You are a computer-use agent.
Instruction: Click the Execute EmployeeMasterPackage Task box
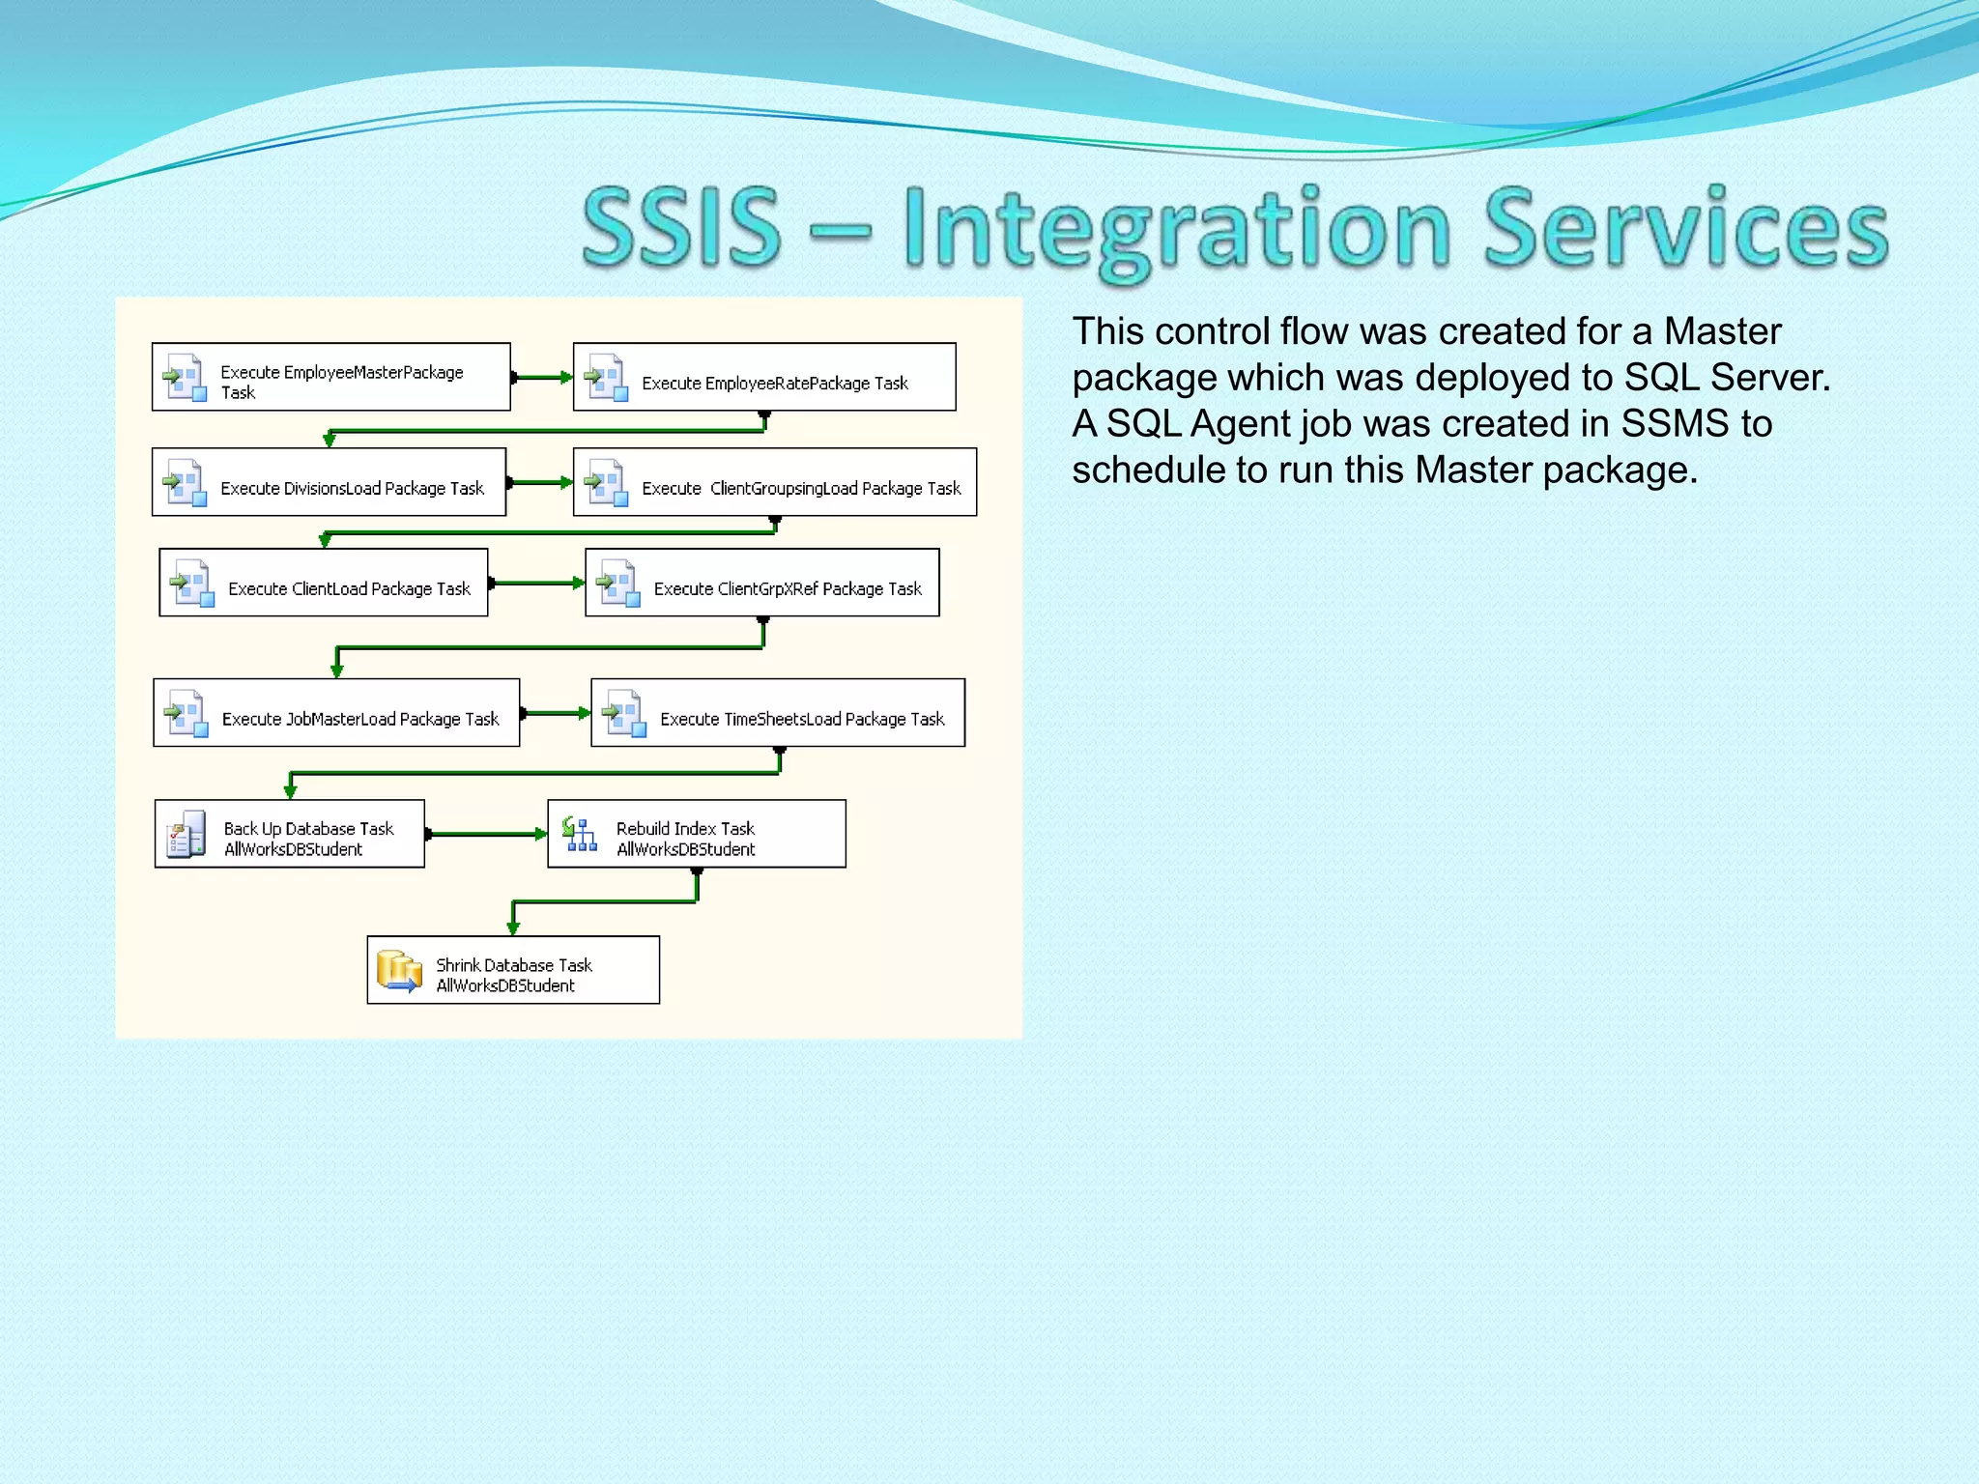point(330,377)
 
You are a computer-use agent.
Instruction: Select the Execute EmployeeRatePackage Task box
point(764,377)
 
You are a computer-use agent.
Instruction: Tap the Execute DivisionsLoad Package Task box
point(329,482)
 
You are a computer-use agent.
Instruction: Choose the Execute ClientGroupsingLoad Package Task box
point(774,482)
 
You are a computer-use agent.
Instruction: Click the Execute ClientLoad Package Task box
point(324,583)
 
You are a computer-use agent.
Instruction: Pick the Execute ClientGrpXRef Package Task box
point(761,583)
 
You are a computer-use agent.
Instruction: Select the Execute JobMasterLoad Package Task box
point(336,713)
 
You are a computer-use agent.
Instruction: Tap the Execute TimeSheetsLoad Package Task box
point(778,713)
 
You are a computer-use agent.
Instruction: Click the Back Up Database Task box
point(290,834)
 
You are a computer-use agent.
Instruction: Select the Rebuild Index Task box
point(697,834)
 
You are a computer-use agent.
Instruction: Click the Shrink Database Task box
point(513,970)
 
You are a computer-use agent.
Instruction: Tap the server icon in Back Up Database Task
point(186,834)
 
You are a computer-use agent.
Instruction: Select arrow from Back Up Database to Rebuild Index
point(486,834)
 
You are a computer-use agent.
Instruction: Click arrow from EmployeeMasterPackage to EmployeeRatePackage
point(542,378)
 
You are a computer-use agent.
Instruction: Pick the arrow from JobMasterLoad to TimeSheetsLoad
point(556,713)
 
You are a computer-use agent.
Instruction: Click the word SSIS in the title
point(681,228)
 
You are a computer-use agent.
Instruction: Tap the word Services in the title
point(1685,228)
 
